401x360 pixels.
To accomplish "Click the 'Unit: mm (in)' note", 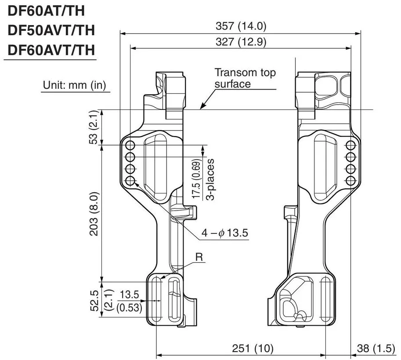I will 74,85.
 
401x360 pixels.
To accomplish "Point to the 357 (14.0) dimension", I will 241,26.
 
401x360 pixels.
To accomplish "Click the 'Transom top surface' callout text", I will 245,78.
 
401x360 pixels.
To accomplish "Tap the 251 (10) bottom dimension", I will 253,349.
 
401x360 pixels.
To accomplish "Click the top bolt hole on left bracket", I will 130,145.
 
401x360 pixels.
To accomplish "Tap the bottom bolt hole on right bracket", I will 350,181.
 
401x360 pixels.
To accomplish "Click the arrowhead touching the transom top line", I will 201,107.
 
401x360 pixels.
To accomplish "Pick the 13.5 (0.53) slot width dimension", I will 129,301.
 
